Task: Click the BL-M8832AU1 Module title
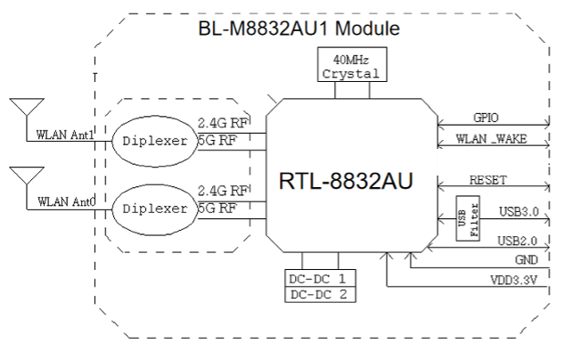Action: point(298,29)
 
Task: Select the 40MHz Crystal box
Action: point(349,67)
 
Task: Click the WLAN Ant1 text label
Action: point(65,135)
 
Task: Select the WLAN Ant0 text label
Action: point(65,203)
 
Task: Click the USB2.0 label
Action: point(518,240)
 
